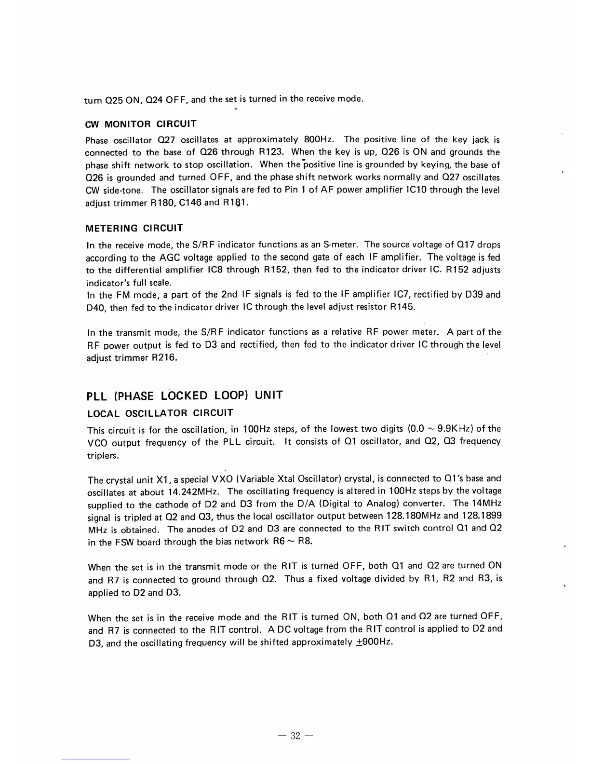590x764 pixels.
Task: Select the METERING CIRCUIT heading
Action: tap(134, 228)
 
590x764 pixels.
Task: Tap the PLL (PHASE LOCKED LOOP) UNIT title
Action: tap(184, 396)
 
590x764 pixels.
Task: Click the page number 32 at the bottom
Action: tap(295, 736)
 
